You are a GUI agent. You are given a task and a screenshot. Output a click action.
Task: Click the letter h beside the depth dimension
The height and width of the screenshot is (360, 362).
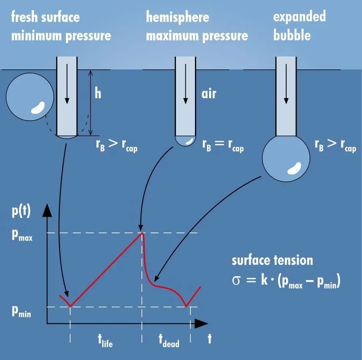(x=98, y=94)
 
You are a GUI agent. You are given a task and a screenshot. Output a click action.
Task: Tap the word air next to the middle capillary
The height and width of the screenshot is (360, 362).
(x=209, y=94)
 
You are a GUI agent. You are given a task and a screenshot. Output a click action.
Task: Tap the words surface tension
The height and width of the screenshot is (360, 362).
(x=272, y=260)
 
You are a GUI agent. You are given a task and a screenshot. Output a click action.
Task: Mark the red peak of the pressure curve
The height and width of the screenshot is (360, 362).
(x=142, y=233)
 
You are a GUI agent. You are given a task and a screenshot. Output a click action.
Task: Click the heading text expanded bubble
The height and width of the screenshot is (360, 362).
(x=299, y=26)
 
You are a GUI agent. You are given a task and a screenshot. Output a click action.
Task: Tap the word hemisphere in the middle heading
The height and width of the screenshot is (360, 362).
(x=178, y=17)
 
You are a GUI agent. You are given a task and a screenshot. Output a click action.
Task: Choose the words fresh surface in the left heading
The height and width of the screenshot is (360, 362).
(x=45, y=17)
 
